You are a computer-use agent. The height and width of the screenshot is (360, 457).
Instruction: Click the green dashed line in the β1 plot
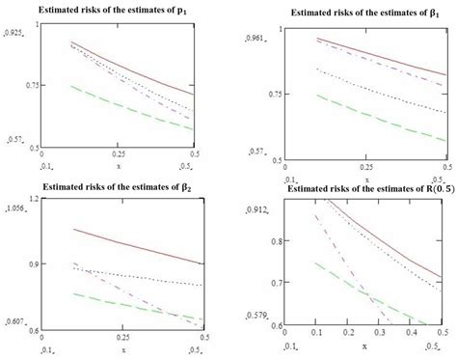(x=366, y=116)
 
